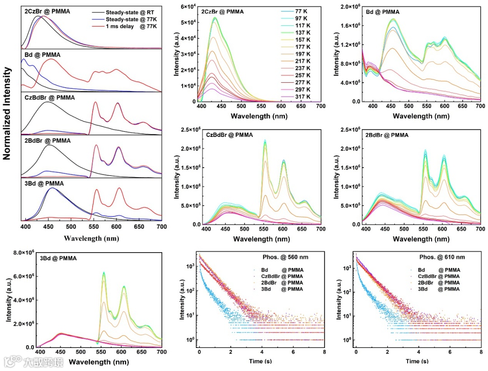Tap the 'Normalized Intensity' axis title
point(7,113)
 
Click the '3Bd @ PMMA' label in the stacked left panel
point(44,183)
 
